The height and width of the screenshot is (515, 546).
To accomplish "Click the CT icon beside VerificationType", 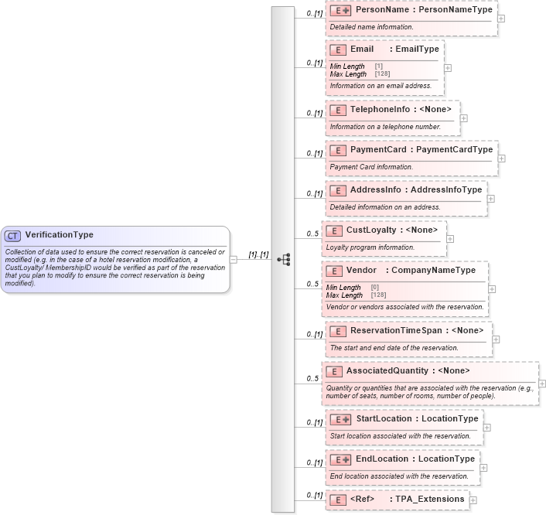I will pos(13,235).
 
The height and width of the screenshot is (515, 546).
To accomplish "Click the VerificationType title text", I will pos(60,235).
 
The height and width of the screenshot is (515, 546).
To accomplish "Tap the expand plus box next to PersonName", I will pos(502,19).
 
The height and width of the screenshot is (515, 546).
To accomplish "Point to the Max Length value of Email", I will pos(382,73).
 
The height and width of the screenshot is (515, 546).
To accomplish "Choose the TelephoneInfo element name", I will pos(380,109).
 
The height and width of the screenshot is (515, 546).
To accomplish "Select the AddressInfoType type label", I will pos(446,189).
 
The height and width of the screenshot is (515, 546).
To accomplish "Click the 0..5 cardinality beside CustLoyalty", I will pos(312,234).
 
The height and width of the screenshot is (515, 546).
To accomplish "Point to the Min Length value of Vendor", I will pos(375,288).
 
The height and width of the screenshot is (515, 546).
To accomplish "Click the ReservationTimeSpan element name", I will pos(396,330).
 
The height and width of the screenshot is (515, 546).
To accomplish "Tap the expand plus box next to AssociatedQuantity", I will pos(541,383).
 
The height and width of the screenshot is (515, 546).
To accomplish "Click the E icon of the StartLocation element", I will pos(340,418).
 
